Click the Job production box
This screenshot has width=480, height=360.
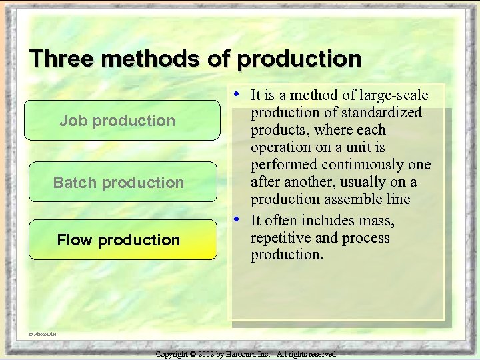[x=122, y=121]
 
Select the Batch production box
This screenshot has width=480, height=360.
[x=122, y=182]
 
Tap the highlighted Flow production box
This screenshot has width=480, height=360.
[x=122, y=239]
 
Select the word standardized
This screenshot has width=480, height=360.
[x=383, y=113]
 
